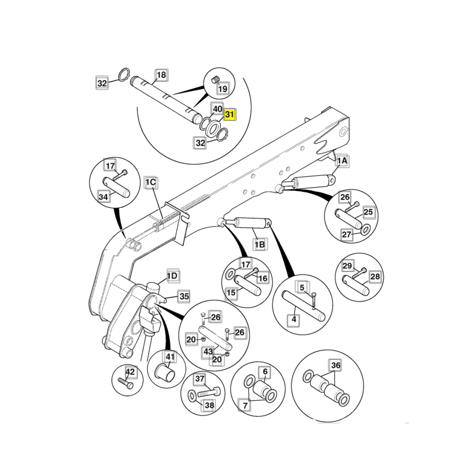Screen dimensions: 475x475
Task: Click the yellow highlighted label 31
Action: tap(229, 115)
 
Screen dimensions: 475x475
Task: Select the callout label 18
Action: tap(161, 75)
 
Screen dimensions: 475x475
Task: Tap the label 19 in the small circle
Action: tap(223, 88)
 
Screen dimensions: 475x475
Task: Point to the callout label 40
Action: tap(217, 109)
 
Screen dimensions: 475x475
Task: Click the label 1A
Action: tap(343, 161)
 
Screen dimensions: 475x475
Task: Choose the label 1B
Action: tap(259, 244)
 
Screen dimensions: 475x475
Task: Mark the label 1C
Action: tap(151, 182)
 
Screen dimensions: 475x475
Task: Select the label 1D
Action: tap(172, 276)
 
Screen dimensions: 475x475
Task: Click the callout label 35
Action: tap(184, 296)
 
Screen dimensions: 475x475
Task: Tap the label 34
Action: tap(103, 197)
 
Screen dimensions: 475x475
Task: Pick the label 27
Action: tap(347, 234)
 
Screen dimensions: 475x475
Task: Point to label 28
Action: tap(375, 276)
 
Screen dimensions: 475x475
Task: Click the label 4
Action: tap(294, 319)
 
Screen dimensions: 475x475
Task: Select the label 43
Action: tap(208, 351)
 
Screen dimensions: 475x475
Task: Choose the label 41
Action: tap(170, 357)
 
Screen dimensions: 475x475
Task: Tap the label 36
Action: tap(335, 365)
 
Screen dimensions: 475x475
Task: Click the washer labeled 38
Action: tap(192, 395)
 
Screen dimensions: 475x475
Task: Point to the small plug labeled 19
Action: tap(215, 80)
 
